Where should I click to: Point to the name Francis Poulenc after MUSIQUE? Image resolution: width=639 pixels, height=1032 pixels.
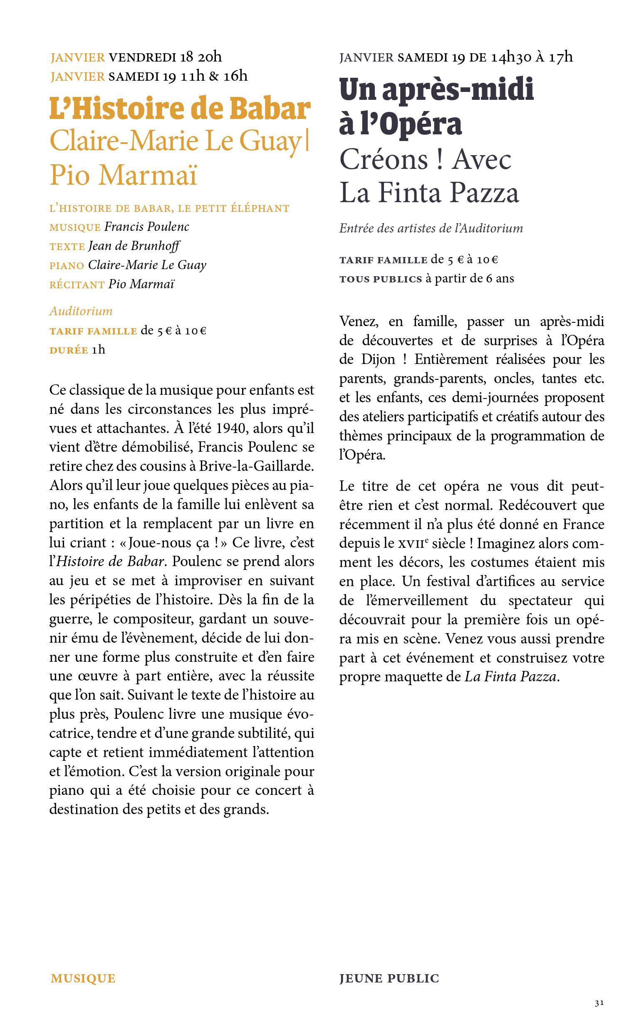(x=147, y=227)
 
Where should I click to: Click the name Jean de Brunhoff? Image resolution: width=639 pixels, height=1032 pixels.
(x=134, y=246)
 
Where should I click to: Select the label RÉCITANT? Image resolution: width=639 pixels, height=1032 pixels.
(x=77, y=285)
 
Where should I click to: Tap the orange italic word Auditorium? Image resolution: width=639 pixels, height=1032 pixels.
(x=81, y=311)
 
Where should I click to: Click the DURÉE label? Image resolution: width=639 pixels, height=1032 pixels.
(x=69, y=350)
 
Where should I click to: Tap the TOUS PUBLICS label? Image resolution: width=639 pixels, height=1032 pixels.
(x=381, y=279)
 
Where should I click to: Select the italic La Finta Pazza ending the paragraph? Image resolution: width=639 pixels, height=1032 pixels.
(x=510, y=677)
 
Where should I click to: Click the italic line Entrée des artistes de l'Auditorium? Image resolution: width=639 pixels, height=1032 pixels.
(x=431, y=228)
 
